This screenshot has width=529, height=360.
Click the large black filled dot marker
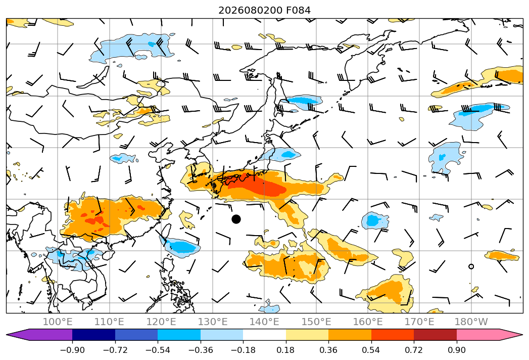236,219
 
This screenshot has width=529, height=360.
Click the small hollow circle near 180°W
471,266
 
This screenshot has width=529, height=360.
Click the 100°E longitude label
58,322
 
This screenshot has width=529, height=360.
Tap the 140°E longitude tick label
264,322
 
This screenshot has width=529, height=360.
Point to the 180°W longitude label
471,322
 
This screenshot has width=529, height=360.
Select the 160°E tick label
368,322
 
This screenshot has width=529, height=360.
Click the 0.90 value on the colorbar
456,350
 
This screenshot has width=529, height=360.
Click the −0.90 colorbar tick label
72,350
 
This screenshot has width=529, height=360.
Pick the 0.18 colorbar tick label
286,350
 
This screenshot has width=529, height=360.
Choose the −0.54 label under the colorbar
158,350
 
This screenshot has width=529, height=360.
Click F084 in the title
298,11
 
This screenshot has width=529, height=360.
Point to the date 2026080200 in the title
250,11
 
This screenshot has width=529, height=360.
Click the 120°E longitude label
161,322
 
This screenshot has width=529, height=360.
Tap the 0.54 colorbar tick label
371,350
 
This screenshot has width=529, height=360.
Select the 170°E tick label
419,322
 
